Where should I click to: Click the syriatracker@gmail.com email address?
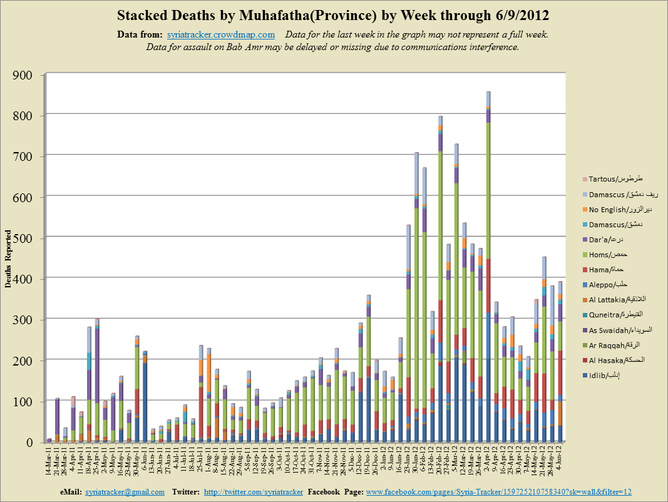(x=125, y=492)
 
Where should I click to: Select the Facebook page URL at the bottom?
(x=498, y=492)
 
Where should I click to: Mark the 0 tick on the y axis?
(x=35, y=442)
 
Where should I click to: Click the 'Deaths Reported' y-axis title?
(x=9, y=258)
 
